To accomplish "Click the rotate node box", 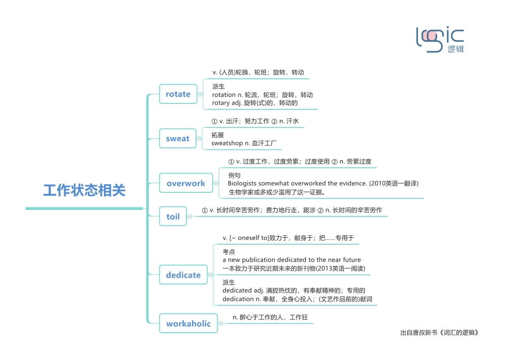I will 178,94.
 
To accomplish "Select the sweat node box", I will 177,139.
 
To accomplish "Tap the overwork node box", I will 185,183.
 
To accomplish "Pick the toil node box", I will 173,216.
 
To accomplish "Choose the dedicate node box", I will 183,275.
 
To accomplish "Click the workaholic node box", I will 189,324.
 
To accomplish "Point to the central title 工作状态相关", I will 84,190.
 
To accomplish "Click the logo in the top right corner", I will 440,39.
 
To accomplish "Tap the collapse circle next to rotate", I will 200,94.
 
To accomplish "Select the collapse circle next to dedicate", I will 210,275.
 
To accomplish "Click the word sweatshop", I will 227,144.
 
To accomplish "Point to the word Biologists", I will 242,184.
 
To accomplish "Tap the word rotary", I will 221,103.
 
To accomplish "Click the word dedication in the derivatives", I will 238,299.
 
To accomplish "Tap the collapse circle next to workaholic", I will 221,324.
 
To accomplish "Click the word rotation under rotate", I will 223,95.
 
